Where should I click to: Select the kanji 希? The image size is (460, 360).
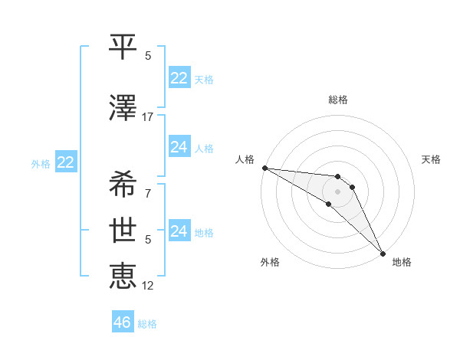click(x=123, y=183)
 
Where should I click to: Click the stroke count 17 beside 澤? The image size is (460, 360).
click(x=148, y=117)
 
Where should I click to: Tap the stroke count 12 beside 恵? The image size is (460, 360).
click(x=148, y=286)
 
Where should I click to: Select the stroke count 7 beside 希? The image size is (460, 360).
click(x=148, y=193)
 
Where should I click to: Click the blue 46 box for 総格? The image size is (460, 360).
click(x=123, y=322)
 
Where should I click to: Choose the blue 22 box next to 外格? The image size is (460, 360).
click(x=66, y=162)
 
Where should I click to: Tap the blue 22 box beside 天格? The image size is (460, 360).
click(x=179, y=78)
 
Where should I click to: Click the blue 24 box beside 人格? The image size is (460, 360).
click(x=179, y=147)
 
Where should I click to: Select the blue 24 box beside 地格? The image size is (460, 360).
click(x=179, y=231)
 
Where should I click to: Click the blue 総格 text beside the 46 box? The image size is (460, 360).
click(x=148, y=324)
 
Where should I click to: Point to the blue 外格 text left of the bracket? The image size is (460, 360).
click(x=41, y=163)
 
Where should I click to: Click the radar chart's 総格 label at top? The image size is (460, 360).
click(x=338, y=100)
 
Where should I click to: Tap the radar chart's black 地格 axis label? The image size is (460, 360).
click(x=402, y=263)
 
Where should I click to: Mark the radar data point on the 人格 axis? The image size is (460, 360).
click(x=264, y=168)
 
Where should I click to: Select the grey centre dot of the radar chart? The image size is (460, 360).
click(x=338, y=191)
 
